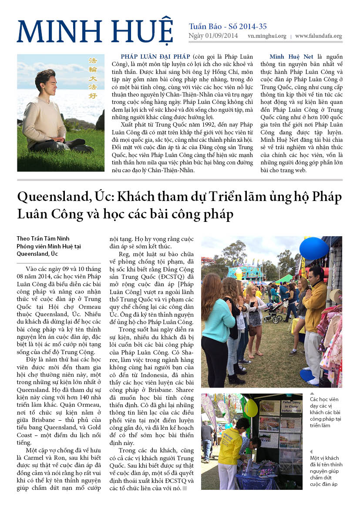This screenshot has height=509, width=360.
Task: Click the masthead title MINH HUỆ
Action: pos(95,31)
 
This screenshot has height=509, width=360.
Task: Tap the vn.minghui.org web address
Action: pos(267,37)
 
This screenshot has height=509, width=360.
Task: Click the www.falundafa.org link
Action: pos(318,37)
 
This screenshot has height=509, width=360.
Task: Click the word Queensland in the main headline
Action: pos(50,197)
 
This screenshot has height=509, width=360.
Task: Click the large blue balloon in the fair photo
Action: pos(314,249)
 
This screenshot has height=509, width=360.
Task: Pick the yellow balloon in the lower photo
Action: pos(251,408)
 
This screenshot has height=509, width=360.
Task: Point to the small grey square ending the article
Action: pos(185,489)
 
